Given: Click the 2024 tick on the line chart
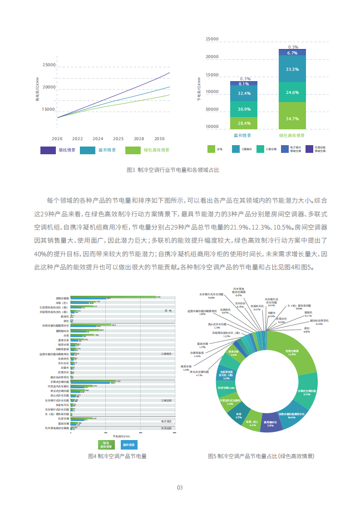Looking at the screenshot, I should pos(98,138).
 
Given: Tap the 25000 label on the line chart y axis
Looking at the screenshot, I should pos(49,65).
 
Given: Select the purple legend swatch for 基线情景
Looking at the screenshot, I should pos(48,150).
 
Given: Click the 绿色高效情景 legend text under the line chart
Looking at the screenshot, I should pos(156,150).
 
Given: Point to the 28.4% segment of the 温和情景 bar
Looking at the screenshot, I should pos(244,123).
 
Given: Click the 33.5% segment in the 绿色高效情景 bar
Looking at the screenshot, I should pos(292,69).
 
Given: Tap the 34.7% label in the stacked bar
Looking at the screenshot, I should pos(292,119).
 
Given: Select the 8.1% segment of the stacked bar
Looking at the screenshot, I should pos(244,83).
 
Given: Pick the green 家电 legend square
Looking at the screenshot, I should pos(211,149).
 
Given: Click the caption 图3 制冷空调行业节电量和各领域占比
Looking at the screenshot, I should pos(179,170).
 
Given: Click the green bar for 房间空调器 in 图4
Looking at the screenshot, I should pos(113,297).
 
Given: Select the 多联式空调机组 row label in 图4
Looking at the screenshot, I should pos(59,382).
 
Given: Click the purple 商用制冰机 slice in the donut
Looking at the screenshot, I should pos(270,421).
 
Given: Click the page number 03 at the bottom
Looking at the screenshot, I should pos(180,488).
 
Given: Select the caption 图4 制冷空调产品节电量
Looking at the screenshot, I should pos(117,456).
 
